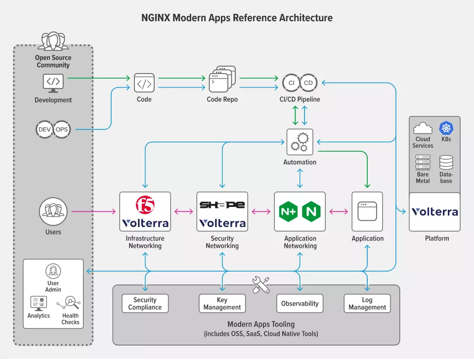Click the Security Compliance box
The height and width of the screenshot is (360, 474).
(x=145, y=304)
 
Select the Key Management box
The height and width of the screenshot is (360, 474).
(x=222, y=304)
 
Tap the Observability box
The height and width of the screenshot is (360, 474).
(x=300, y=304)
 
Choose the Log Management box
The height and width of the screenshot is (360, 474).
(x=367, y=304)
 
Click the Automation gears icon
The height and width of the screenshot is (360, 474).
(x=300, y=142)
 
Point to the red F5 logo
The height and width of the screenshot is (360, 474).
(x=145, y=205)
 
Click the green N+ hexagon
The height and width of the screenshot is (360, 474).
(x=288, y=211)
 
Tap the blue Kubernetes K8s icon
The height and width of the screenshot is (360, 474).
(x=446, y=128)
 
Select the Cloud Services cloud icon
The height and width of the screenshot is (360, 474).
(x=423, y=128)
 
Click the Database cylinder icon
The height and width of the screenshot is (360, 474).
(x=446, y=162)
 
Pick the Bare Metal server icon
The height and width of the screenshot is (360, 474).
(x=423, y=162)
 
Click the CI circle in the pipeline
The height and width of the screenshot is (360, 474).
(x=291, y=83)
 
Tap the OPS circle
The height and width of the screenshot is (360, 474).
(x=62, y=129)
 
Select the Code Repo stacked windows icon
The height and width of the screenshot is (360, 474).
(x=222, y=79)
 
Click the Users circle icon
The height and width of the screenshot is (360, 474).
(x=53, y=211)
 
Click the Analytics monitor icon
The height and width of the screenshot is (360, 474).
(x=39, y=303)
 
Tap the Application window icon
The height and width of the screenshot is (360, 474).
(x=367, y=211)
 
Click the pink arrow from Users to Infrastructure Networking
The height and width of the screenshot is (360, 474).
(x=94, y=211)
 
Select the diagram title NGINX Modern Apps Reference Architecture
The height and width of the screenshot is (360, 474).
(x=237, y=18)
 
